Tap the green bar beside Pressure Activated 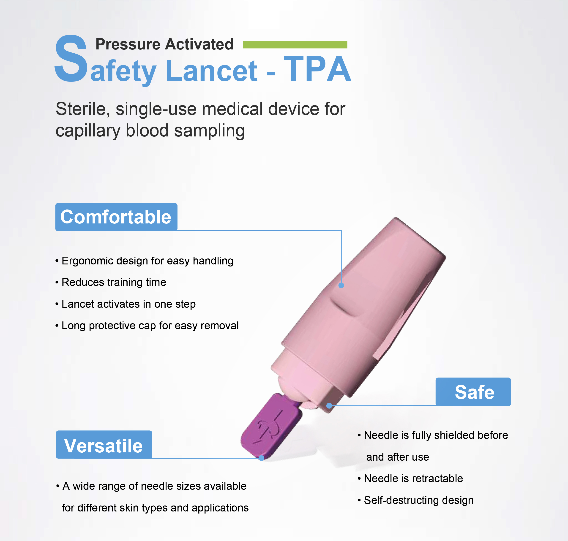tap(295, 44)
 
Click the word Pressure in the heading tap(128, 44)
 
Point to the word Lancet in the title tap(211, 71)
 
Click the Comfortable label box tap(116, 217)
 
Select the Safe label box tap(473, 392)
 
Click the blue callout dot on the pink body tap(341, 285)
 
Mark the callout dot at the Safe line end tap(329, 405)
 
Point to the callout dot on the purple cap tap(261, 458)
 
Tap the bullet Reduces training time tap(114, 282)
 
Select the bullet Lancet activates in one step tap(128, 304)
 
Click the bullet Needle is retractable tap(413, 478)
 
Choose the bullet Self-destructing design tap(418, 500)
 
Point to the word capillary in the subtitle tap(88, 131)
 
